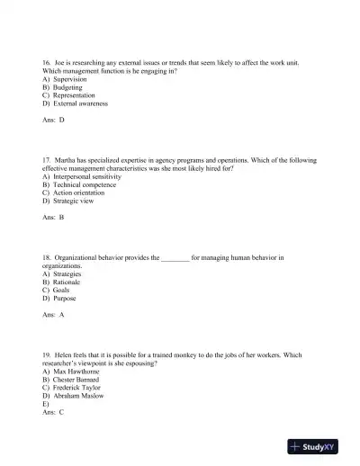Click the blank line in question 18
point(175,259)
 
